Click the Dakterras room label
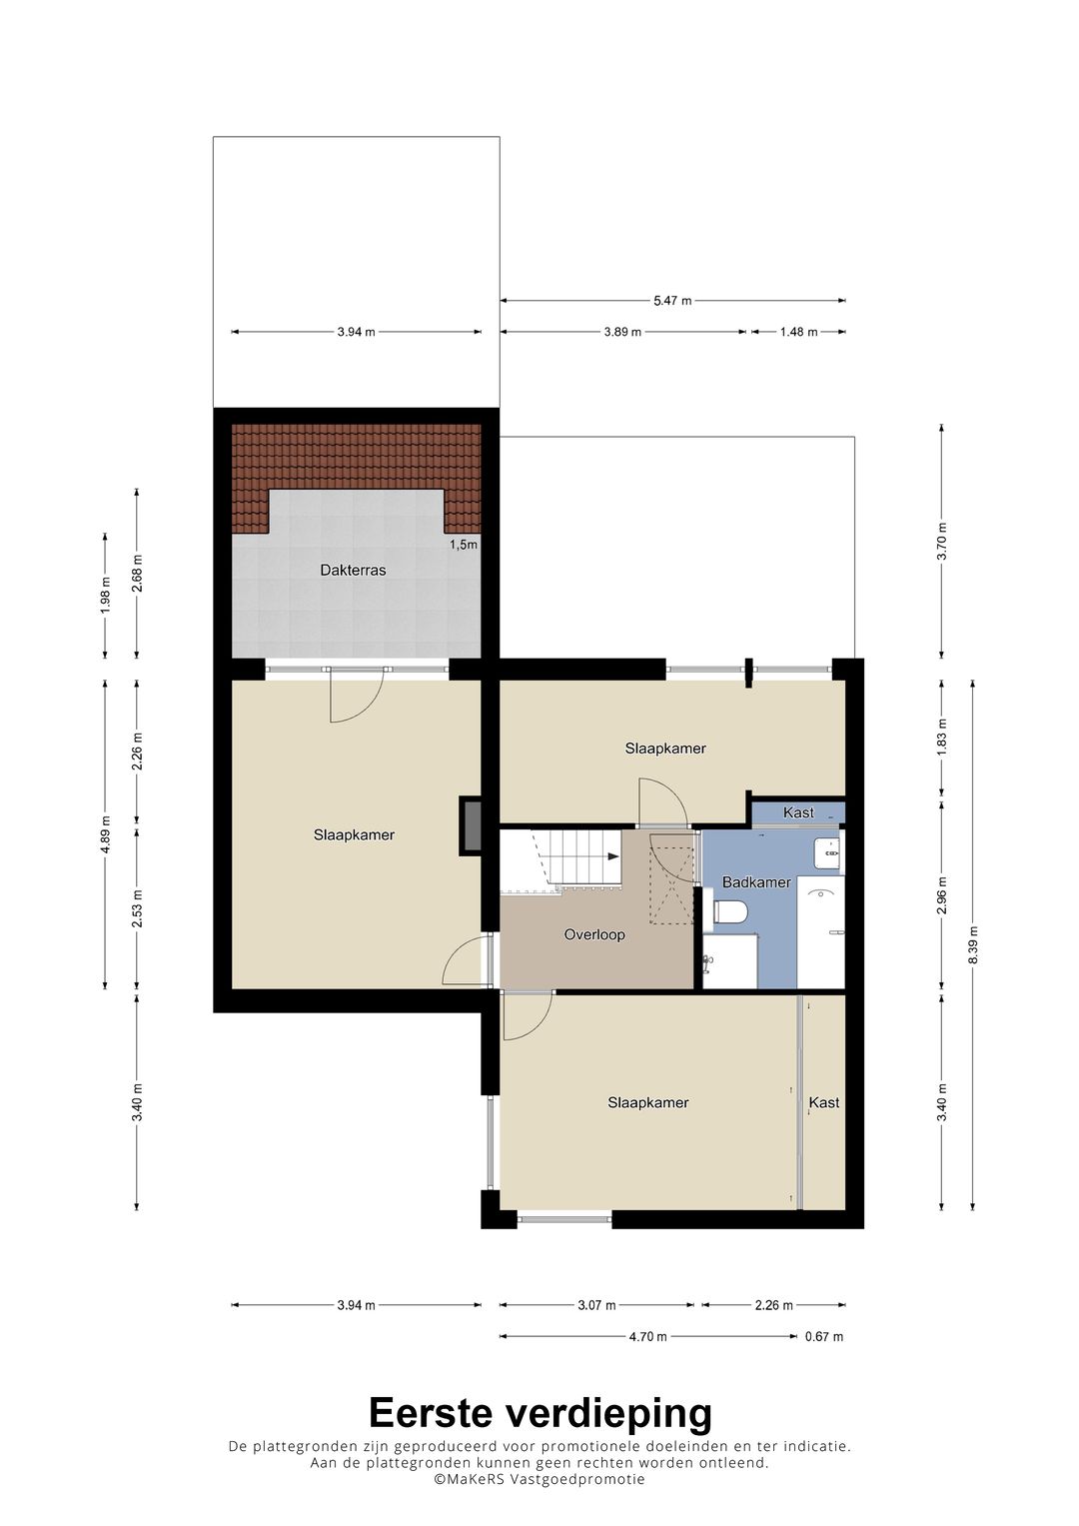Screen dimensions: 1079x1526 [353, 570]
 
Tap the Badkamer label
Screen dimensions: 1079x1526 [756, 882]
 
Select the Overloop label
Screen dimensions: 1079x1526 [594, 934]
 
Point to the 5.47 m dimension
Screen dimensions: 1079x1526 [672, 301]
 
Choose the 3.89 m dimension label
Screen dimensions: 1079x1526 [622, 332]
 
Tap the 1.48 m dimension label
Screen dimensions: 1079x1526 [798, 332]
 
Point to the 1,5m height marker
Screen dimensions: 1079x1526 [464, 545]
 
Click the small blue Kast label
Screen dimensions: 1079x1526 [798, 812]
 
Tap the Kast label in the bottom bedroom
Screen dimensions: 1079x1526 [824, 1102]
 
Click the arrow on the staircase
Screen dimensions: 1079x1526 [612, 857]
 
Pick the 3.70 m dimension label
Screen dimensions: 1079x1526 [942, 541]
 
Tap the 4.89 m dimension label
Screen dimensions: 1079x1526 [105, 833]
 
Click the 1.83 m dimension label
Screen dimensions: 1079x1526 [942, 738]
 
